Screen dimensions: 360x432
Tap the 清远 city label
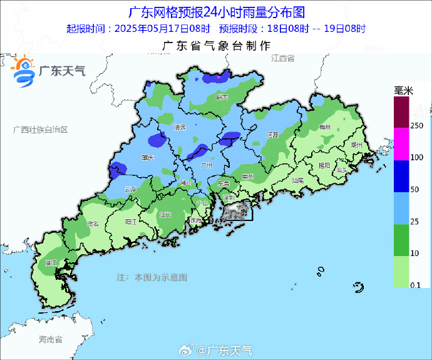180,127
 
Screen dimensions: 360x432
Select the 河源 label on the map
272,135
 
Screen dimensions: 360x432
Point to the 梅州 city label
324,127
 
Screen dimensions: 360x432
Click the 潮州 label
357,144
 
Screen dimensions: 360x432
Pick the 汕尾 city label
298,180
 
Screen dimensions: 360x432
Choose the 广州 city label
205,165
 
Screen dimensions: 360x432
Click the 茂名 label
93,223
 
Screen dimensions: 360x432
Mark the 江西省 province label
283,58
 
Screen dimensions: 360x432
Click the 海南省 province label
50,340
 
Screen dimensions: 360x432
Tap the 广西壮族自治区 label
40,129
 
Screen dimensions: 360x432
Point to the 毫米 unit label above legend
404,91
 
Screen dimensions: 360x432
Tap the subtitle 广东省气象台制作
216,46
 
